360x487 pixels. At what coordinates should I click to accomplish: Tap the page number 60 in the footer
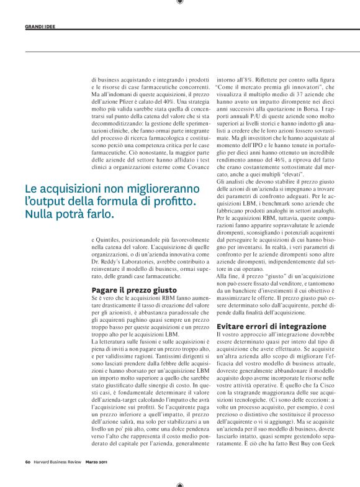[x=28, y=460]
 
